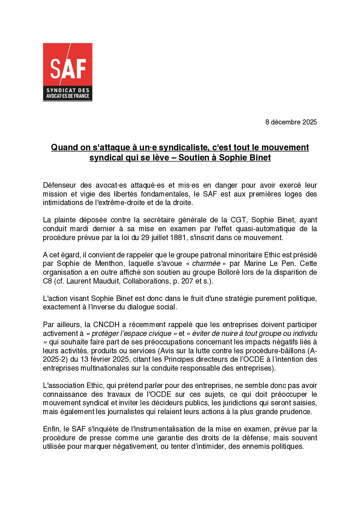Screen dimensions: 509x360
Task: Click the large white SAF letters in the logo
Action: click(x=68, y=68)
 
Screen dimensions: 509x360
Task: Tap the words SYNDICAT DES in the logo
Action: click(x=68, y=90)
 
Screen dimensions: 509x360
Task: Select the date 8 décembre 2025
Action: click(x=291, y=122)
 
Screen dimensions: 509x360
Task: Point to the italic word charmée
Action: click(x=206, y=264)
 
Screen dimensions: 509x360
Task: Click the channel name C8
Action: click(x=47, y=281)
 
